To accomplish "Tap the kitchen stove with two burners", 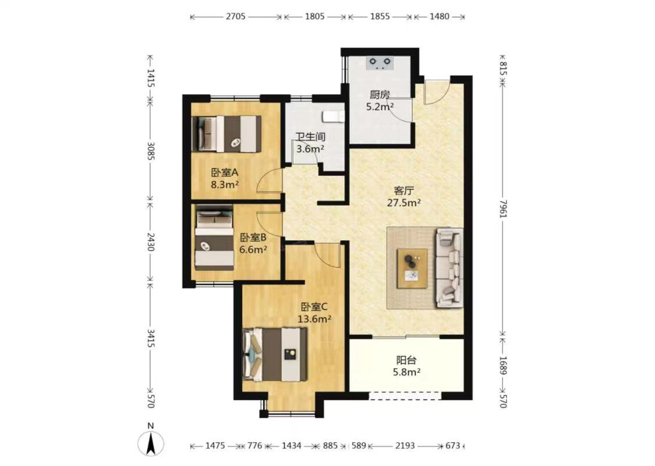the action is (380, 63).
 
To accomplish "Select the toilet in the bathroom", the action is (333, 116).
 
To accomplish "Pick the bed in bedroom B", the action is (215, 238).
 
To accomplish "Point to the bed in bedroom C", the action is (275, 354).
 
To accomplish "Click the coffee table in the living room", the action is (412, 269).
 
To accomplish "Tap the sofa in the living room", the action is (449, 268).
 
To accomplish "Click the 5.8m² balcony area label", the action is (406, 372).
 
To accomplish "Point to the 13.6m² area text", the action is (314, 319).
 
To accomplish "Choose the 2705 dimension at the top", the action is (236, 17).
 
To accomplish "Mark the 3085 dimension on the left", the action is (151, 151).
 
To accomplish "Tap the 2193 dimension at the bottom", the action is (405, 446).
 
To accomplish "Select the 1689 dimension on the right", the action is (503, 365).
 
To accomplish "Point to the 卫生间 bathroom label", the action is (310, 137).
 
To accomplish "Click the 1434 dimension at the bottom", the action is (291, 446).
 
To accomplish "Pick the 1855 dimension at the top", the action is (380, 17).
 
